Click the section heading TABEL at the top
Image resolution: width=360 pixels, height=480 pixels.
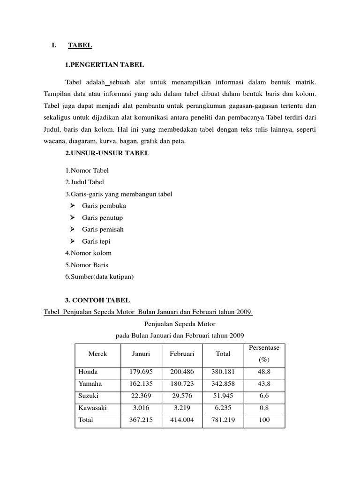[x=80, y=45]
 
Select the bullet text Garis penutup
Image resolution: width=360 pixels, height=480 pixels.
[x=102, y=217]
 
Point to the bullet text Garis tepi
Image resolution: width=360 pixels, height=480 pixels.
[x=96, y=241]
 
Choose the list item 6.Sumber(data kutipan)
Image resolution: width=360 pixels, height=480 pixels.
[x=99, y=277]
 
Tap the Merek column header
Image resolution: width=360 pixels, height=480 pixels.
[x=97, y=354]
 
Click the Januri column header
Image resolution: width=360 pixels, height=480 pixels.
[x=141, y=354]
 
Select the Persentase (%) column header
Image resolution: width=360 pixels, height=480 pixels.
[x=264, y=354]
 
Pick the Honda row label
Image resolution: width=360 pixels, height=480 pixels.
[x=88, y=372]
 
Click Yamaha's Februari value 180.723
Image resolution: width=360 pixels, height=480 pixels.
[x=182, y=384]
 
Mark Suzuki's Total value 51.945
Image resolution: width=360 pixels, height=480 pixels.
[x=223, y=396]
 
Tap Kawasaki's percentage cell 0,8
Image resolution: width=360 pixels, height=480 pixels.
[x=264, y=408]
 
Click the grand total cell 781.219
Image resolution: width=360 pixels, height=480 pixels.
[x=223, y=420]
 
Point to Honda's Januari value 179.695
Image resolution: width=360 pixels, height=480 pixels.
[x=141, y=372]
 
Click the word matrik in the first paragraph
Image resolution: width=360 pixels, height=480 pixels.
[x=306, y=82]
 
